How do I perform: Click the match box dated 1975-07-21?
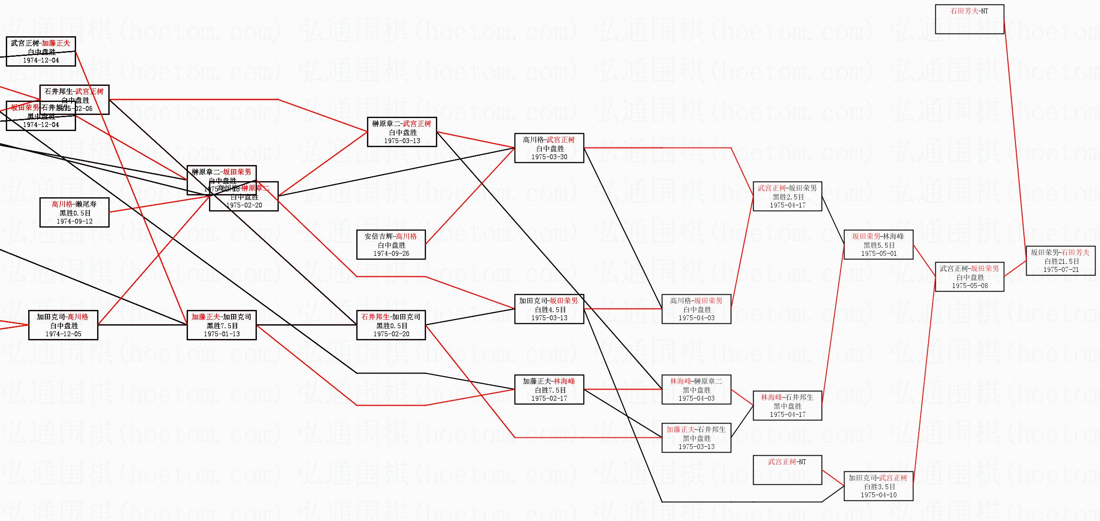tap(1060, 261)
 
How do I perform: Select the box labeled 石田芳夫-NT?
tap(969, 19)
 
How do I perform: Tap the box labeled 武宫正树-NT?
tap(787, 470)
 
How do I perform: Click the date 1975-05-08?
tap(970, 286)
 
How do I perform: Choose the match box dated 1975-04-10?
tap(878, 486)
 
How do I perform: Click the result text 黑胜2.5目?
tap(788, 197)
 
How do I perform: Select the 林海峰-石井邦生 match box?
tap(787, 406)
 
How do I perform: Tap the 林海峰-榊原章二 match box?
tap(696, 390)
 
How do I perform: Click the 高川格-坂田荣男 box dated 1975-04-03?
tap(696, 309)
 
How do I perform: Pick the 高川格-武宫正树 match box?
tap(549, 148)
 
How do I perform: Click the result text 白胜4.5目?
tap(550, 309)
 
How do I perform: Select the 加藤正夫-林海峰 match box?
tap(549, 390)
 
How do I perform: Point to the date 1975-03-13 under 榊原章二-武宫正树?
tap(402, 141)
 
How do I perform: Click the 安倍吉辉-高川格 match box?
tap(391, 245)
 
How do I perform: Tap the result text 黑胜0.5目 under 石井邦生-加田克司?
tap(391, 326)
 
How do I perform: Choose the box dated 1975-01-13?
tap(222, 325)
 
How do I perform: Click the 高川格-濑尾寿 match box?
tap(74, 212)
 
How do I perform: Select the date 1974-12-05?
tap(63, 334)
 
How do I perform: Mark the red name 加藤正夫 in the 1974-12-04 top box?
tap(56, 43)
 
